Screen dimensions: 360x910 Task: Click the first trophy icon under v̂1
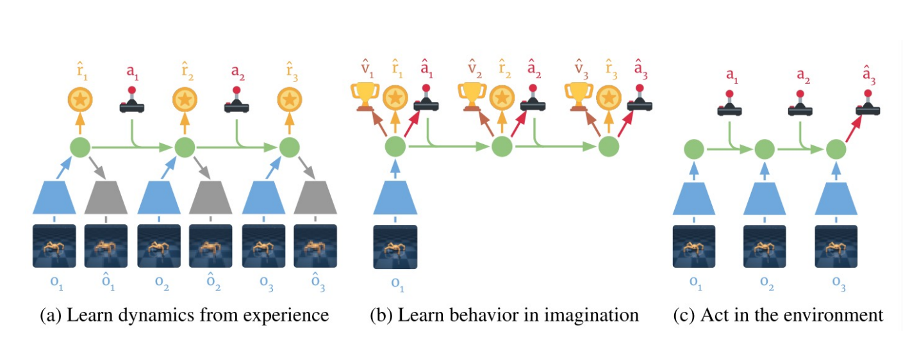click(x=365, y=96)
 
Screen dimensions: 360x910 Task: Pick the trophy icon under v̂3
click(x=579, y=96)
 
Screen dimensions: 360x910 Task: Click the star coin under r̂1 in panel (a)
click(x=81, y=100)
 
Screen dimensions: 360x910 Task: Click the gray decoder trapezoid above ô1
click(x=107, y=197)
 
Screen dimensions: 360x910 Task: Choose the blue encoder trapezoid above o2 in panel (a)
click(x=159, y=197)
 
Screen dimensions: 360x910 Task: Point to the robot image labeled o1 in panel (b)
click(x=395, y=246)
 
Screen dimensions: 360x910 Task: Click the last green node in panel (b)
click(x=609, y=147)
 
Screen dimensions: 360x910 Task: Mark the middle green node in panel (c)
click(x=765, y=151)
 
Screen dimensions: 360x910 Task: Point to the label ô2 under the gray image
click(x=211, y=283)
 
